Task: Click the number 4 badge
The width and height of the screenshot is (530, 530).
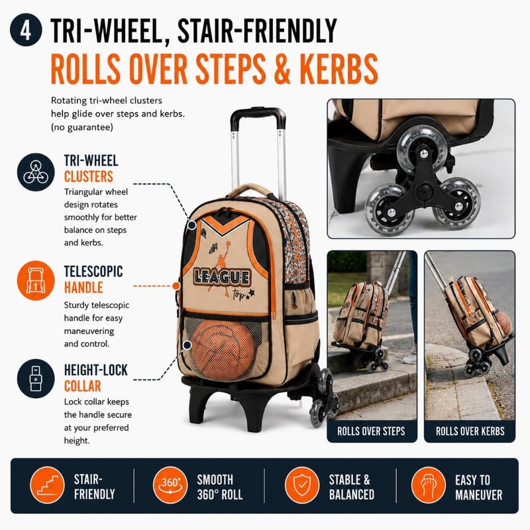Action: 26,30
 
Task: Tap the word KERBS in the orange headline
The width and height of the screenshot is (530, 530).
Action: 338,69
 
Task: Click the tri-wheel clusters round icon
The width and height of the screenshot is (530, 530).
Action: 36,172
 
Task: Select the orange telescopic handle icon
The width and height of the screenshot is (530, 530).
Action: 36,280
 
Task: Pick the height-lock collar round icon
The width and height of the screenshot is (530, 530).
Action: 36,378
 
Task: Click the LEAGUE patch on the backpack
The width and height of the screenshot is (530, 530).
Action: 222,278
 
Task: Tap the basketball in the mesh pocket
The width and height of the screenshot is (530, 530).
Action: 223,350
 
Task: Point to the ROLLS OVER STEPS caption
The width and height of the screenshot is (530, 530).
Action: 371,431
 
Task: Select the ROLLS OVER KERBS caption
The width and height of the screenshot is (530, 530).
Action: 470,431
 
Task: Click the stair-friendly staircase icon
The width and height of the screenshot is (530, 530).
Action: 47,485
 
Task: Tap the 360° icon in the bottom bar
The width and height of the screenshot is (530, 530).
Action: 170,485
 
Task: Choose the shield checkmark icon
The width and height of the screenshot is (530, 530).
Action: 302,485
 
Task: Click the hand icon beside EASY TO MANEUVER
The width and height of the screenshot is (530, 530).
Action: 428,485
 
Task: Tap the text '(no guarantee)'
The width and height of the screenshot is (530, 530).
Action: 81,127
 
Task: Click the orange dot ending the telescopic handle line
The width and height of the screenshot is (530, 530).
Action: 176,286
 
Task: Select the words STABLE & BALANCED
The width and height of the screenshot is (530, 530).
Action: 352,487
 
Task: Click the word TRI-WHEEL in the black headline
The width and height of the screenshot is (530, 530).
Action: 107,30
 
